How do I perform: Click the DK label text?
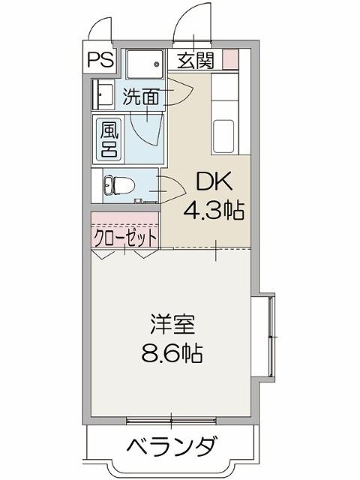tap(212, 182)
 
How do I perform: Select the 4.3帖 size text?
tap(214, 212)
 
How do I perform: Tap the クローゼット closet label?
tap(125, 238)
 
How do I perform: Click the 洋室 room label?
tap(171, 325)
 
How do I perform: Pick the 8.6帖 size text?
tap(171, 352)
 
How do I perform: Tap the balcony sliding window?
tap(171, 419)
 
